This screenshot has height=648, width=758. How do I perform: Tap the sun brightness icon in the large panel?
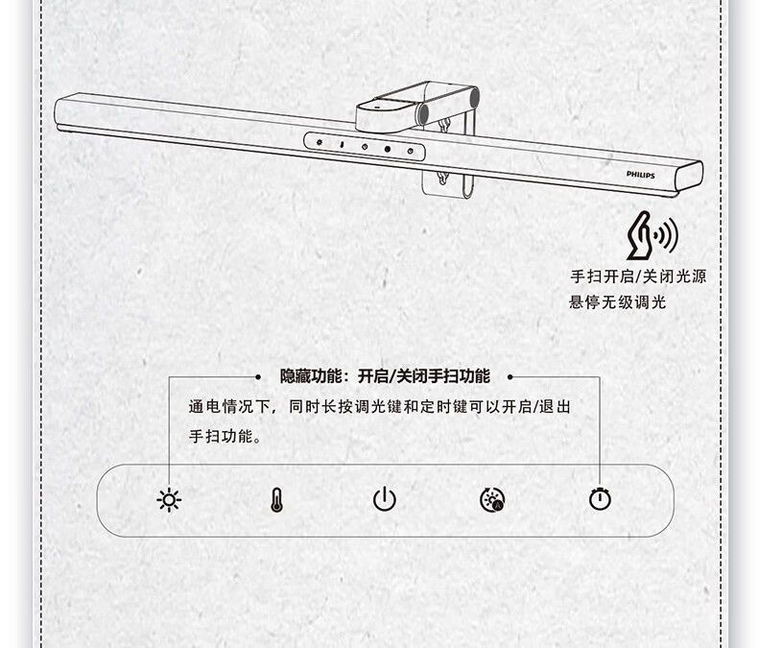(x=170, y=499)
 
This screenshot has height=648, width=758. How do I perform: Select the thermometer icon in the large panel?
(x=276, y=499)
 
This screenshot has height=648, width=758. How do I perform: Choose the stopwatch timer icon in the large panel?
(x=601, y=499)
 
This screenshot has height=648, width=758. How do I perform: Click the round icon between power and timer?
(x=492, y=499)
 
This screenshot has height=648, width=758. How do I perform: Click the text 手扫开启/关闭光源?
(x=637, y=276)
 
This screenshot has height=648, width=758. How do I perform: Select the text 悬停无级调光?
(x=617, y=302)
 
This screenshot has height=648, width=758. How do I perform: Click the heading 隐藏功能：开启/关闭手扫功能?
(x=384, y=376)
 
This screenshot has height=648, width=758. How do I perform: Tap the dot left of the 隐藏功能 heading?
(x=259, y=377)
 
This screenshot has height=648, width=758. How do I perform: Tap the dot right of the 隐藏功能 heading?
(x=510, y=377)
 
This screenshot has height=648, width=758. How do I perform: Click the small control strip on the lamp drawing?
(x=364, y=146)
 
